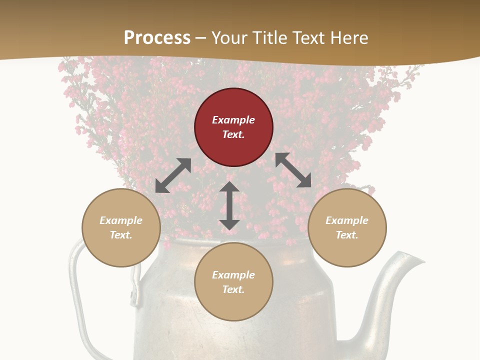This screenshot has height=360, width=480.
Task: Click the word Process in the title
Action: (157, 38)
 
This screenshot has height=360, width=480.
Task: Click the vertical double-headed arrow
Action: (229, 205)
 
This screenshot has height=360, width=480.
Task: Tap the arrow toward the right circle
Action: (293, 170)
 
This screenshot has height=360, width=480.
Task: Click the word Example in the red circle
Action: (233, 120)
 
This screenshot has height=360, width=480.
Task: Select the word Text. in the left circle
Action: (121, 235)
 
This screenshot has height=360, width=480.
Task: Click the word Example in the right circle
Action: (347, 220)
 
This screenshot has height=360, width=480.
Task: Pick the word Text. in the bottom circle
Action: (233, 289)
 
